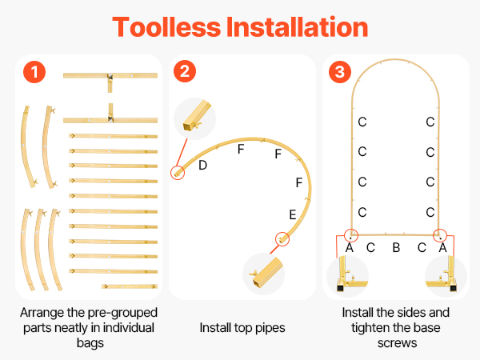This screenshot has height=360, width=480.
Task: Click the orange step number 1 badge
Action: pos(34,72)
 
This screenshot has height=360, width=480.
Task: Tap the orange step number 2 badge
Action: pos(185,71)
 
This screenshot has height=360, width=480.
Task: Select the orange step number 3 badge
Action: pos(340,72)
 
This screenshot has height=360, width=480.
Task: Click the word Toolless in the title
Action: pos(166,27)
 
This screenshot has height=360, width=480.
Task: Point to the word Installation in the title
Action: pos(297,27)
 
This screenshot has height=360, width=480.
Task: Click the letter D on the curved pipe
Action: pos(202,166)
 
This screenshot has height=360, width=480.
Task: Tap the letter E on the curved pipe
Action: pos(293,214)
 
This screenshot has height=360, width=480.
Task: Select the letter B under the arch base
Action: pos(396,248)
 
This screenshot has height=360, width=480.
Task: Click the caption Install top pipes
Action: pos(242,327)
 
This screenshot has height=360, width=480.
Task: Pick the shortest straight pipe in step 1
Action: pos(130,286)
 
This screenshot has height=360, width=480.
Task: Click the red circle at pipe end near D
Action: pos(178,173)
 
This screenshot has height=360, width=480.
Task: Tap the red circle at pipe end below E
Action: pos(282,238)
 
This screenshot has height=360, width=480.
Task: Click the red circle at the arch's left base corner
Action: pos(351,235)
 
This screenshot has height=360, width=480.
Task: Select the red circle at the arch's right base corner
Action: pos(440,235)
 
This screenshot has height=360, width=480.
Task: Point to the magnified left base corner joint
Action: pos(347,276)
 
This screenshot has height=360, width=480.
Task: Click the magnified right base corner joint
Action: pos(446,276)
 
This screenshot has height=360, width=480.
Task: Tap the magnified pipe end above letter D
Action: pos(194,118)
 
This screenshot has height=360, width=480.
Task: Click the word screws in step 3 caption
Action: pos(397,343)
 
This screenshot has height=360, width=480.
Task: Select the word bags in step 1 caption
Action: pos(90,343)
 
